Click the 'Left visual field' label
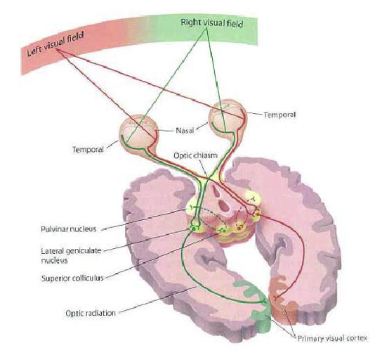[55, 44]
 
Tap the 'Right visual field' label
[212, 23]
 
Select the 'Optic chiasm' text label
[195, 155]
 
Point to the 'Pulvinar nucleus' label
[69, 229]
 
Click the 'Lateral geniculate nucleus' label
[71, 255]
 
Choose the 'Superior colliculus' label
[72, 278]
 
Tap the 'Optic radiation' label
[91, 313]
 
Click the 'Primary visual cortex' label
[332, 338]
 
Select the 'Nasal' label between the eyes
[185, 131]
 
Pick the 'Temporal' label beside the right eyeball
[279, 115]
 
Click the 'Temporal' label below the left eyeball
[88, 150]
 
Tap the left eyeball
[139, 132]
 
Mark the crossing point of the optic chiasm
[207, 177]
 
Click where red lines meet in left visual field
[57, 49]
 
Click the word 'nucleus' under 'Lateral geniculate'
[54, 260]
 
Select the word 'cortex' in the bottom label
[356, 338]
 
